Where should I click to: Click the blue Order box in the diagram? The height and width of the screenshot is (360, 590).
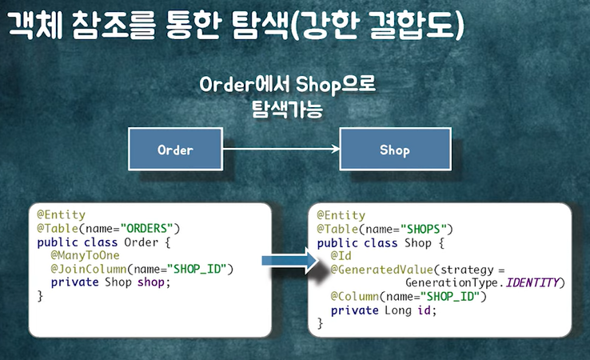(176, 150)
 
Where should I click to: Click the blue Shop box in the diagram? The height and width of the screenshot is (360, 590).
(394, 150)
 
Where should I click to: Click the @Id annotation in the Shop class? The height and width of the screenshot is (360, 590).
(341, 256)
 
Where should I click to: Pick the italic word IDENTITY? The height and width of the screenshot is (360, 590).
(533, 283)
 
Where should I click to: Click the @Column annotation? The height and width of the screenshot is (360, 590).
(355, 297)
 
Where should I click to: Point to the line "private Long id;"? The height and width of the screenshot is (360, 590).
(384, 310)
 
